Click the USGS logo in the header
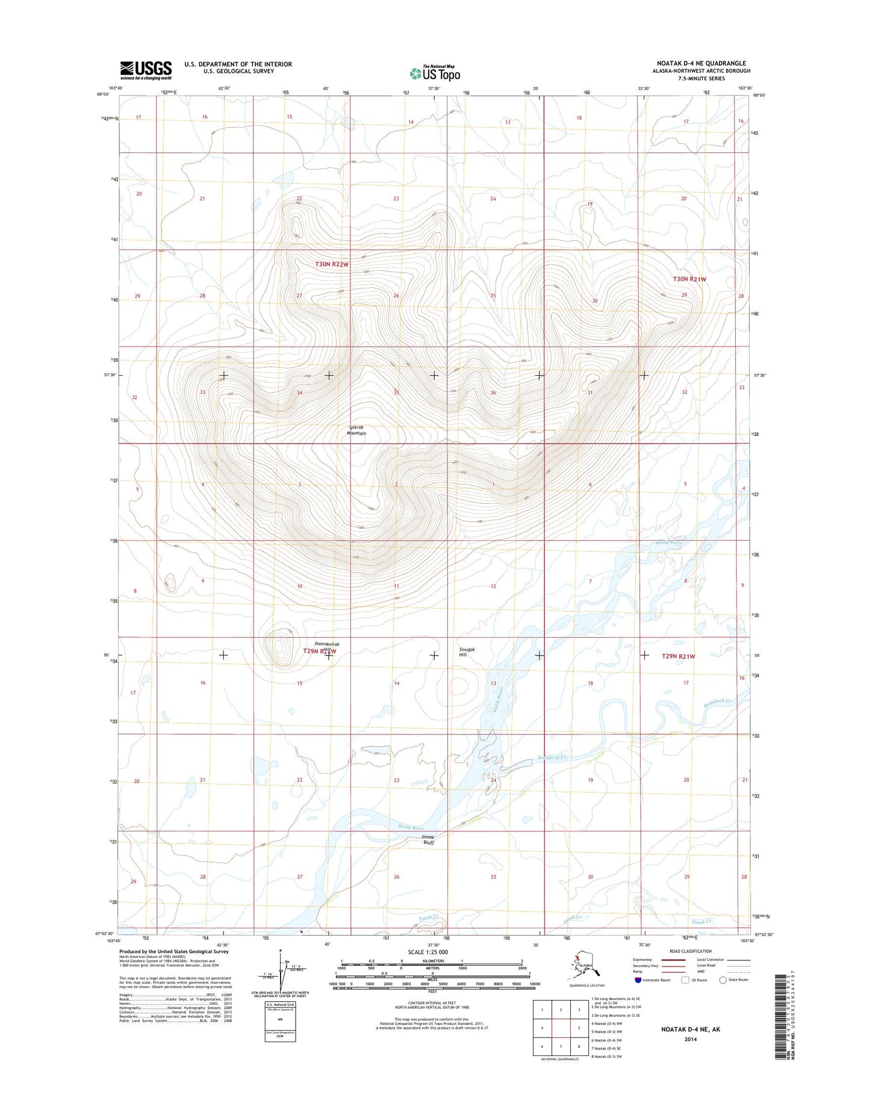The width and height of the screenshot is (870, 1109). point(146,70)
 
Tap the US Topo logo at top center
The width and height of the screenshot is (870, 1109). point(435,73)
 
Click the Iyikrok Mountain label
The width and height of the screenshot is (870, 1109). point(356,430)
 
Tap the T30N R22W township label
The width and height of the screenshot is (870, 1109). point(332,264)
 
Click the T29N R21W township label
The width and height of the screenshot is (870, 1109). point(679,656)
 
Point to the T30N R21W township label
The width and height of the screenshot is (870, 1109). point(689,279)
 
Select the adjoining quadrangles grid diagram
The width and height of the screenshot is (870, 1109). point(561,1029)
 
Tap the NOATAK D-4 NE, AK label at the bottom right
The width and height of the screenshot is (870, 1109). point(689,1029)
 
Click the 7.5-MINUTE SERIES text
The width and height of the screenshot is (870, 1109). point(701,78)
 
